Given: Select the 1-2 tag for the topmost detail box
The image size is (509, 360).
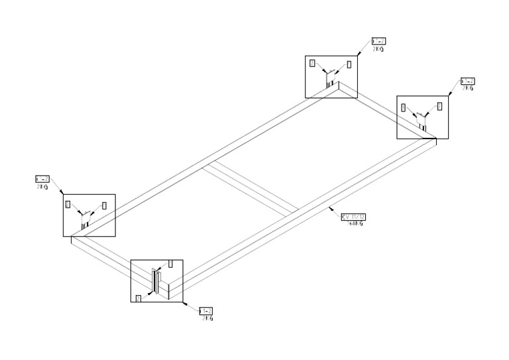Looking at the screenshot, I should coord(379,41).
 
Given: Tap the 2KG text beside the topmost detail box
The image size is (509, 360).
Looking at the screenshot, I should coord(378,48).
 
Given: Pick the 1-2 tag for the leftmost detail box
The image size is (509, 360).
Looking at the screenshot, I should coord(41,179).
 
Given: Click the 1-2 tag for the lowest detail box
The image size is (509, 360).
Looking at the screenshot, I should coord(206,311).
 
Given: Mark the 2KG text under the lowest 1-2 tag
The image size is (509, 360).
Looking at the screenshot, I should coord(207,318).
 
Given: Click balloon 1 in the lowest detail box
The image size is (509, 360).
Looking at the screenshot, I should coord(170,264).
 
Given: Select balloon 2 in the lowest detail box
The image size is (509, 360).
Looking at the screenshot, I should coord(139,299).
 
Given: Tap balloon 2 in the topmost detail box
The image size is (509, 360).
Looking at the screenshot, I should coord(313,64).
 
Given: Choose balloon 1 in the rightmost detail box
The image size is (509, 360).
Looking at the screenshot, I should coord(439,105).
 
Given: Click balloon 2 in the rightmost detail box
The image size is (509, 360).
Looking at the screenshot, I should coord(404,107).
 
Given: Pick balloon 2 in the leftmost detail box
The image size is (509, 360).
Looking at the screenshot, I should coord(68,205).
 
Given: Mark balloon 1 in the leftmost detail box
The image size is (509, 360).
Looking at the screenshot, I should coord(104,206).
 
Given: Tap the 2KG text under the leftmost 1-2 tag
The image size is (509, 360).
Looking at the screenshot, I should coord(41,186).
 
